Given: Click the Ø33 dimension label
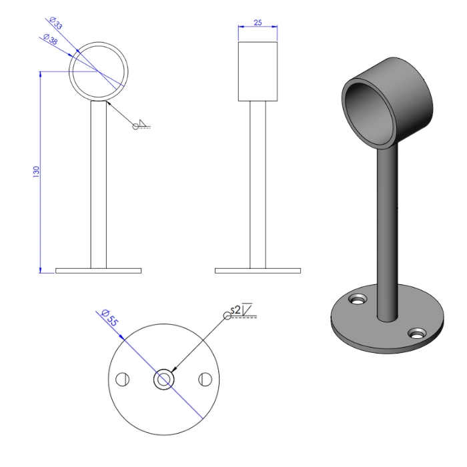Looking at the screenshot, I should [x=55, y=25].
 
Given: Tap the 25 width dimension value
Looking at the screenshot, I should [x=258, y=23].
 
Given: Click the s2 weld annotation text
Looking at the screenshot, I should [x=234, y=310].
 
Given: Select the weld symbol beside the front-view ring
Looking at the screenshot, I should [x=141, y=125].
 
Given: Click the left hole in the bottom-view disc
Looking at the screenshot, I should [x=121, y=380].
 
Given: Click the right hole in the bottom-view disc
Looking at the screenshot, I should [x=204, y=380].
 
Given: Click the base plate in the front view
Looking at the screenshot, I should [x=98, y=271].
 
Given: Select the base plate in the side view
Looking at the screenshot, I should [x=258, y=271].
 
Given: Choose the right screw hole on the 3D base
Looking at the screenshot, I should [x=418, y=332].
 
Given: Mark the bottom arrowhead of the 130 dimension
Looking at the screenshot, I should [x=41, y=269].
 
